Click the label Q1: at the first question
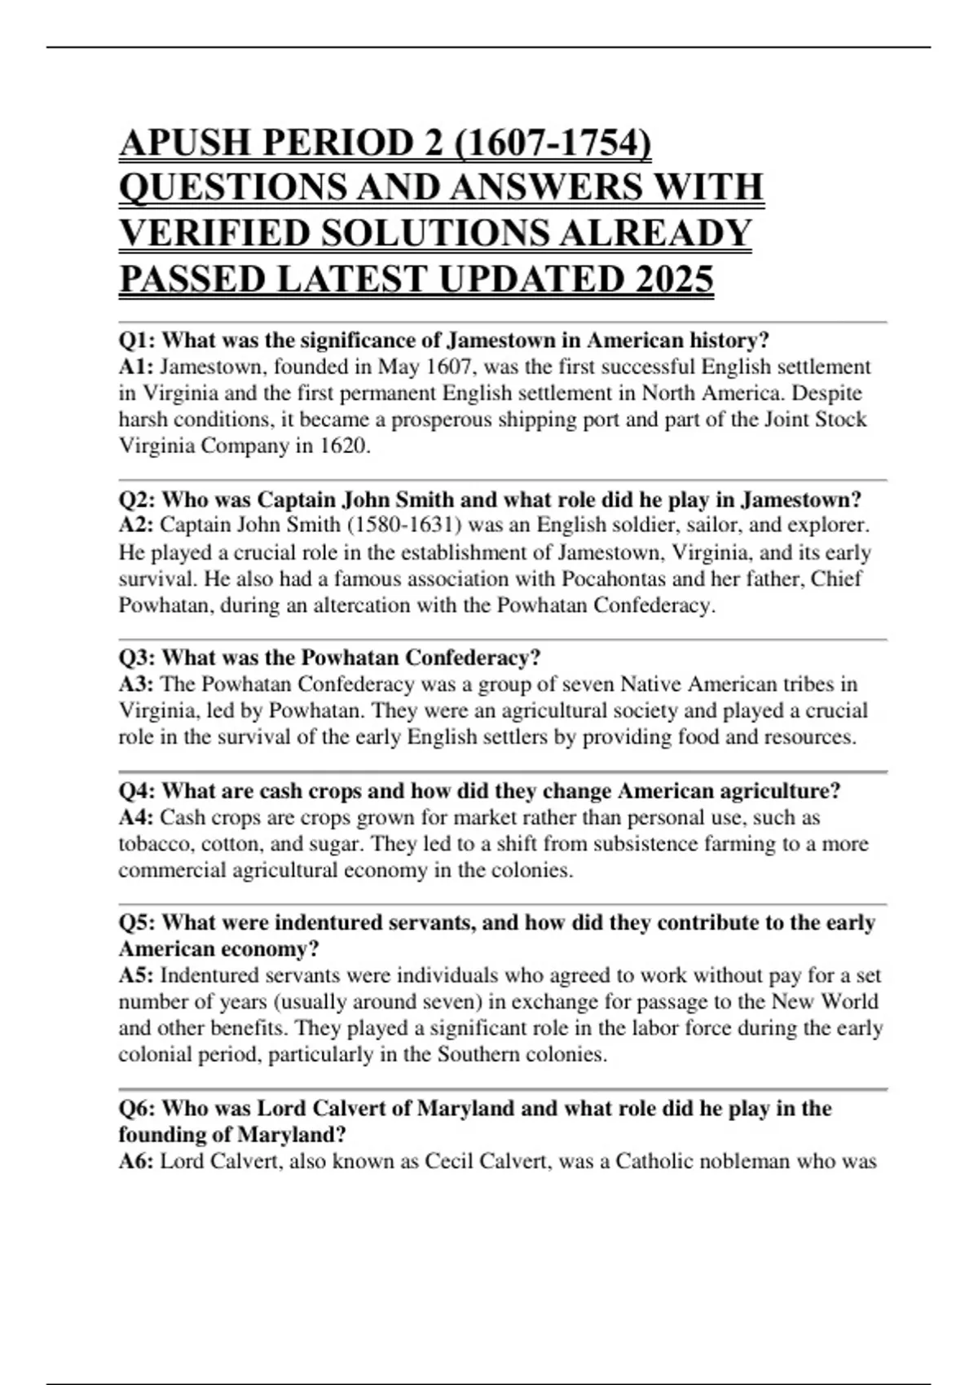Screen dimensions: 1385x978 pos(137,340)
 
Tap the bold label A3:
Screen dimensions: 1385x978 pos(136,684)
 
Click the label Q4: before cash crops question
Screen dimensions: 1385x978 pos(137,790)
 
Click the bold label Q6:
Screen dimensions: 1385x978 pos(137,1108)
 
